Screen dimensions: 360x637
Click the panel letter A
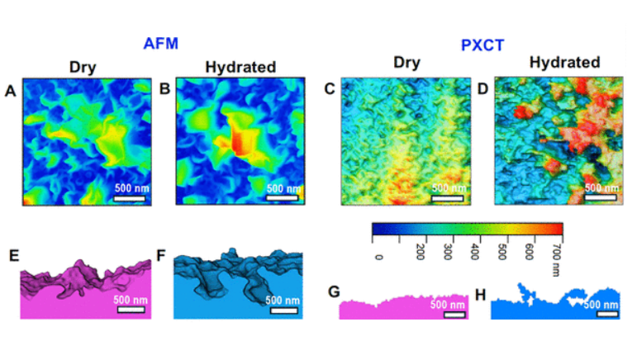11,92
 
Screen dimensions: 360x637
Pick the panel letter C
330,89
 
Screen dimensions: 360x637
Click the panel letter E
13,258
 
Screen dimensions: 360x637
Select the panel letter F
163,257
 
